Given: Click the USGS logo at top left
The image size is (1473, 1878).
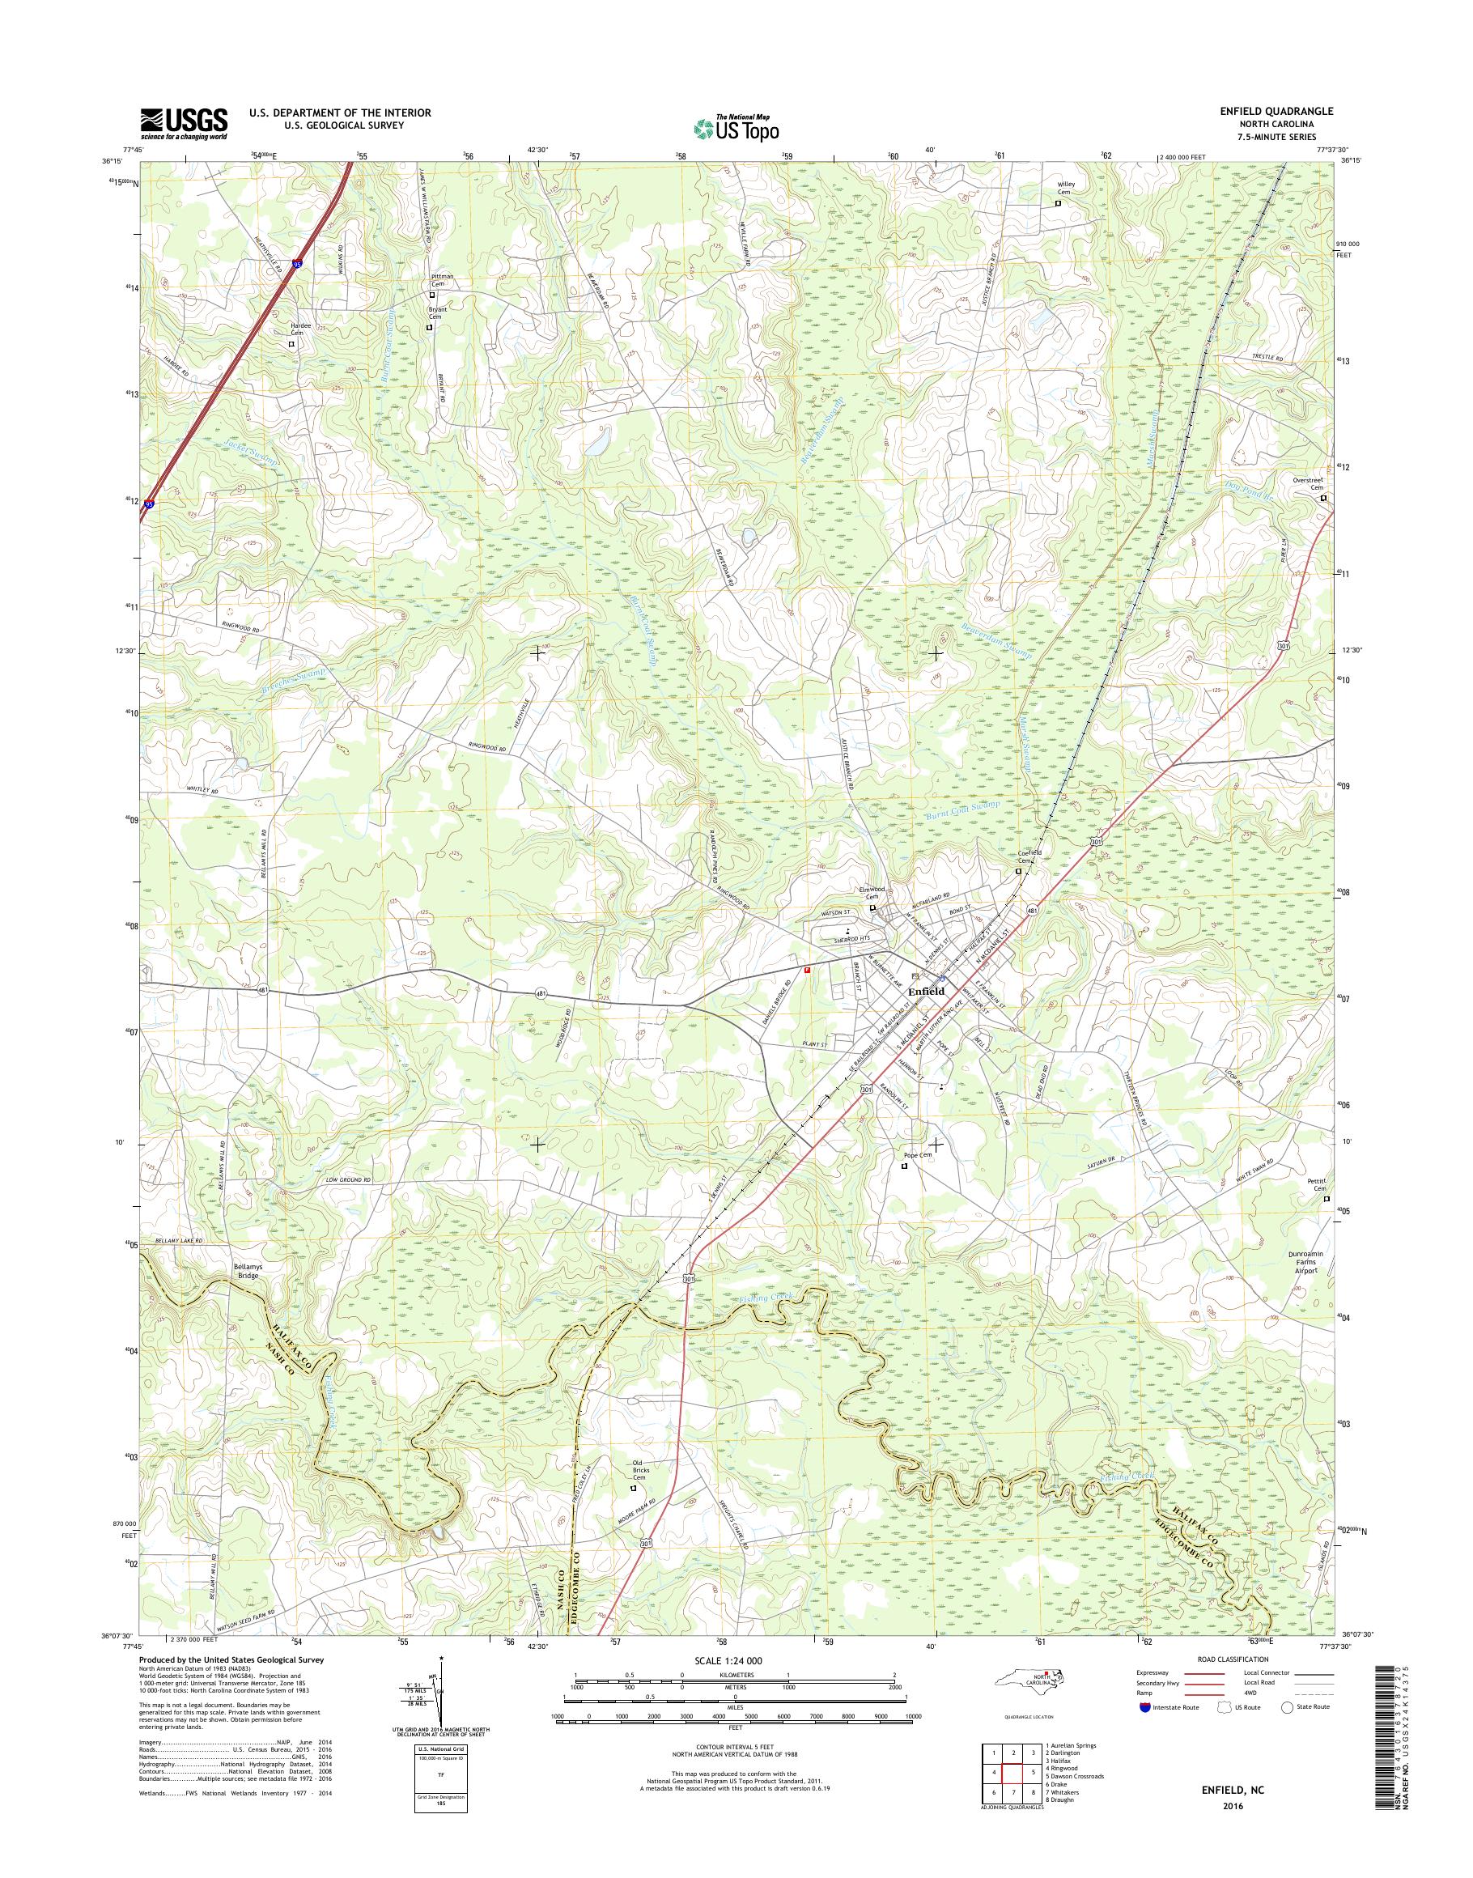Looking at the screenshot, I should click(x=184, y=123).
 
